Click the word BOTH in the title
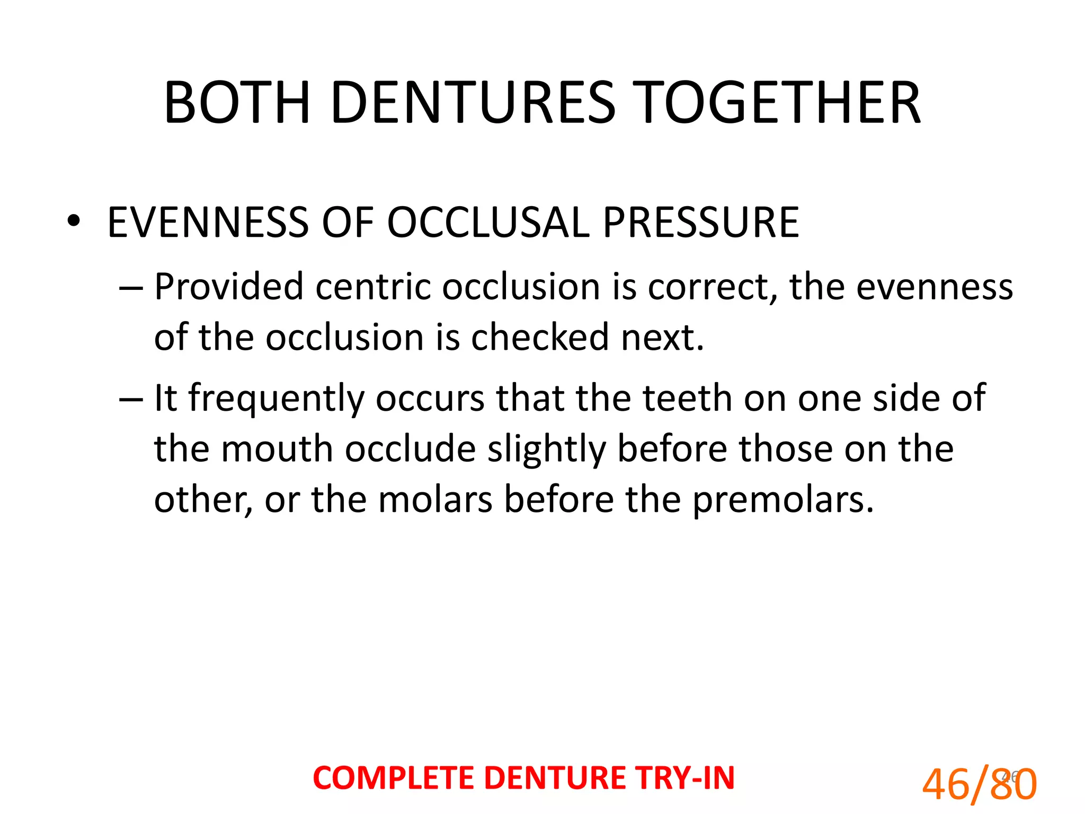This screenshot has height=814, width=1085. [x=237, y=103]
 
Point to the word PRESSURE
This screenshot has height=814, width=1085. [x=700, y=222]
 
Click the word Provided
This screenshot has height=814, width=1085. [x=229, y=287]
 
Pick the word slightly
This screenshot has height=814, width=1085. [x=546, y=449]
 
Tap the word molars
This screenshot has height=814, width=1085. [x=435, y=500]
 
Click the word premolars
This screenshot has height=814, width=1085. [x=782, y=500]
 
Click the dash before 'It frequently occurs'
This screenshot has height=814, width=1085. [x=130, y=399]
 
